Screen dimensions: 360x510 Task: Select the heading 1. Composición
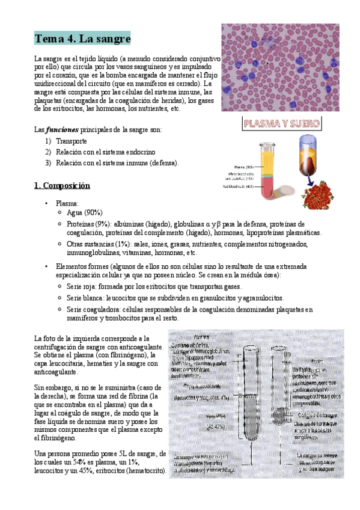62,185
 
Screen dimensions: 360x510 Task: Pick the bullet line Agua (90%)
85,212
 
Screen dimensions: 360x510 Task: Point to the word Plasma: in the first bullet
67,203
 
